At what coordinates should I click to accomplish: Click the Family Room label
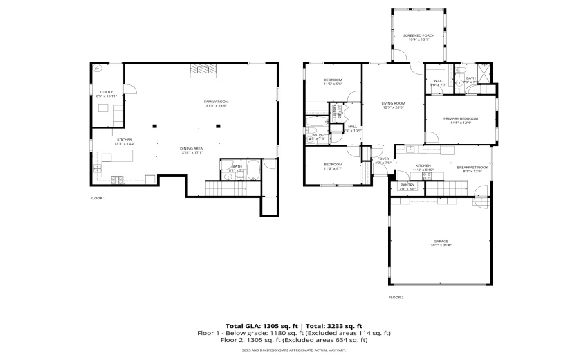pos(216,104)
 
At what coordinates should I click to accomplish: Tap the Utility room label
pos(107,93)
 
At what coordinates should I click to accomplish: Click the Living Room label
pos(393,105)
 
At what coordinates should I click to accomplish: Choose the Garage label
pos(441,243)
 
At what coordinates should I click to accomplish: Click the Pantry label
pos(407,186)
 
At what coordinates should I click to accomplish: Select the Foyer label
pos(383,161)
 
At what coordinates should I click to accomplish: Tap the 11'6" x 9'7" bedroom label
pos(333,166)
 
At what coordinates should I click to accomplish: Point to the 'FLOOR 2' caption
pos(396,297)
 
